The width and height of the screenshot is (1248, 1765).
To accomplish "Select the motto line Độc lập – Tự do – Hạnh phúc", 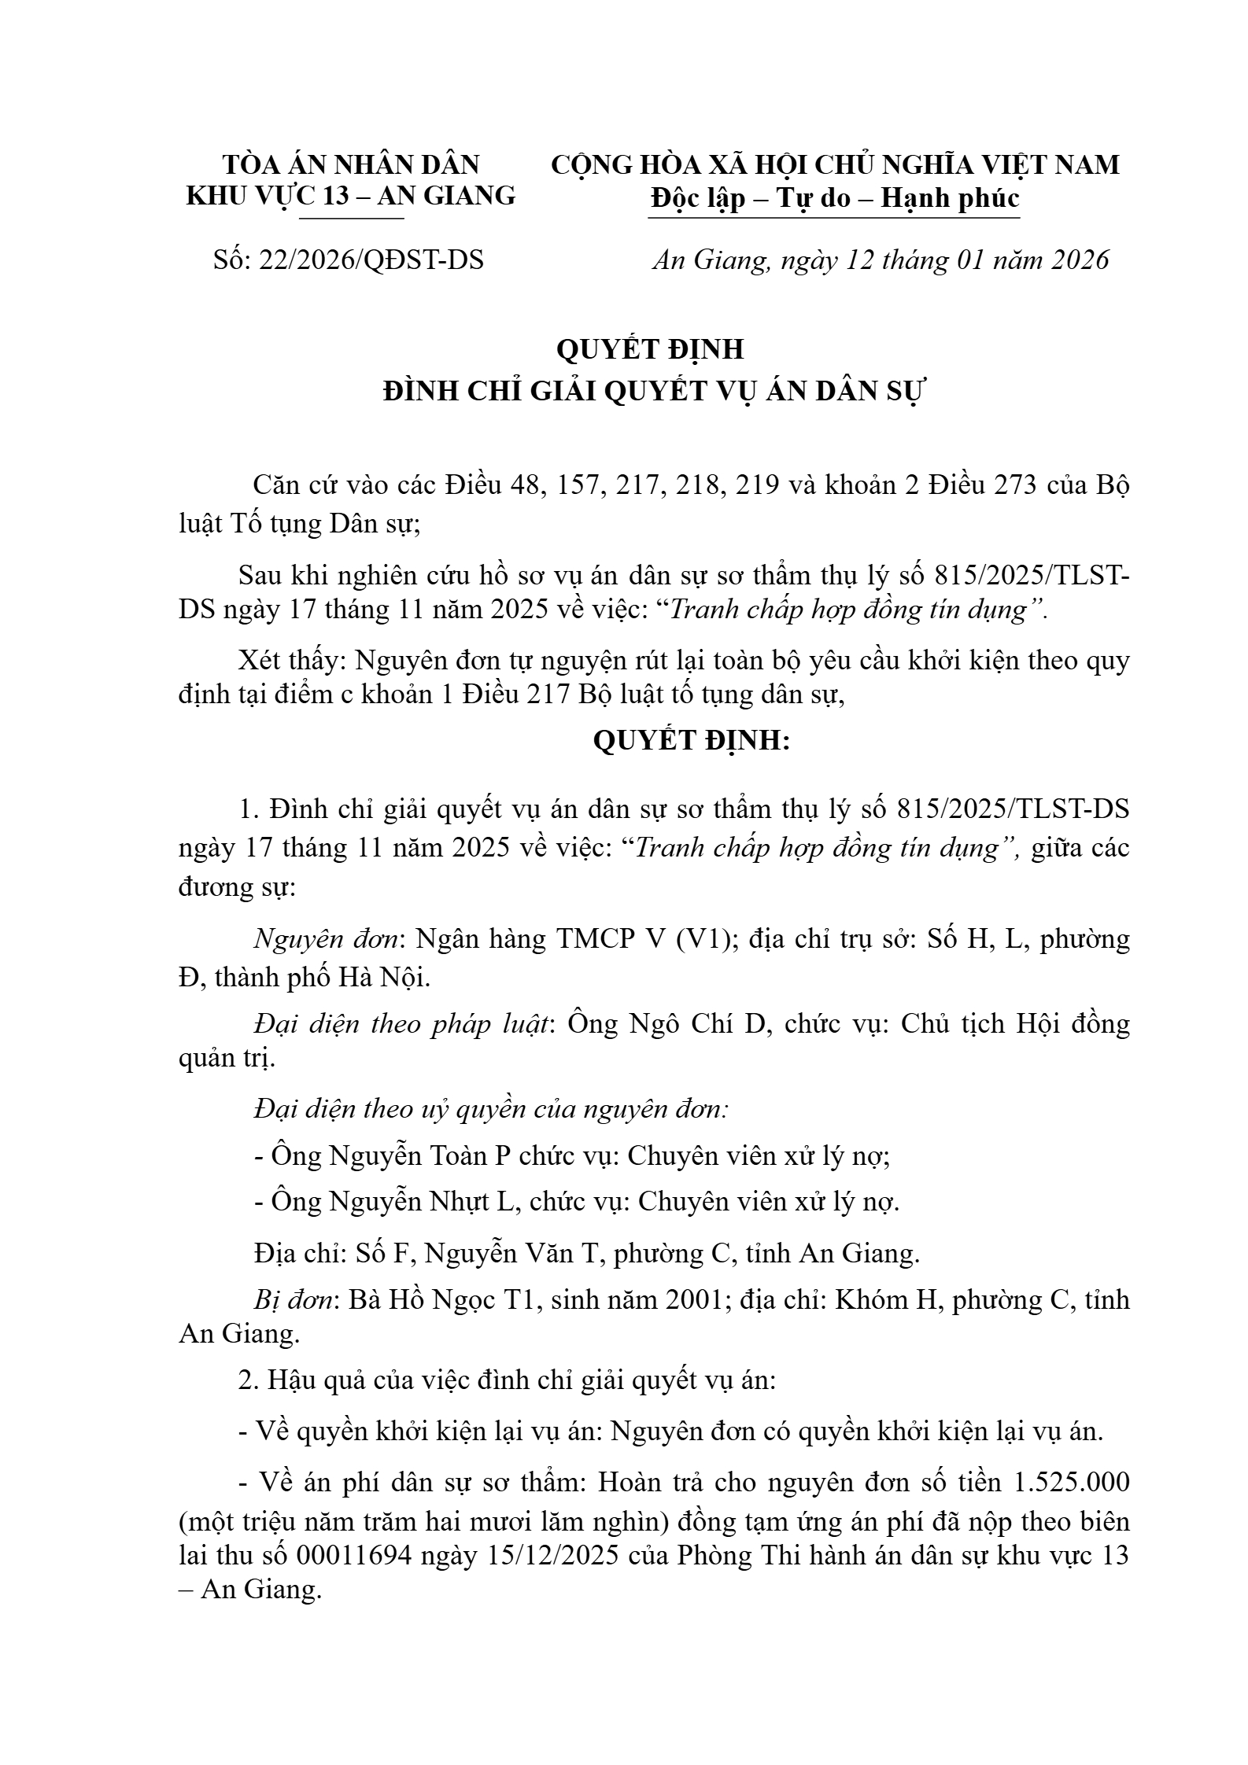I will [834, 197].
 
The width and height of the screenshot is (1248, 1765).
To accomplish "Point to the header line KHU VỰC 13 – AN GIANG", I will [351, 195].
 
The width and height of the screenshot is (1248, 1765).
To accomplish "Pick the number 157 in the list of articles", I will [582, 485].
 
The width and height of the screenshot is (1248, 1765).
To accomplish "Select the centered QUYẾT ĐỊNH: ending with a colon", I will [691, 740].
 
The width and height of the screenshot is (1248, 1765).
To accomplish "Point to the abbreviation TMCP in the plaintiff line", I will [594, 939].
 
